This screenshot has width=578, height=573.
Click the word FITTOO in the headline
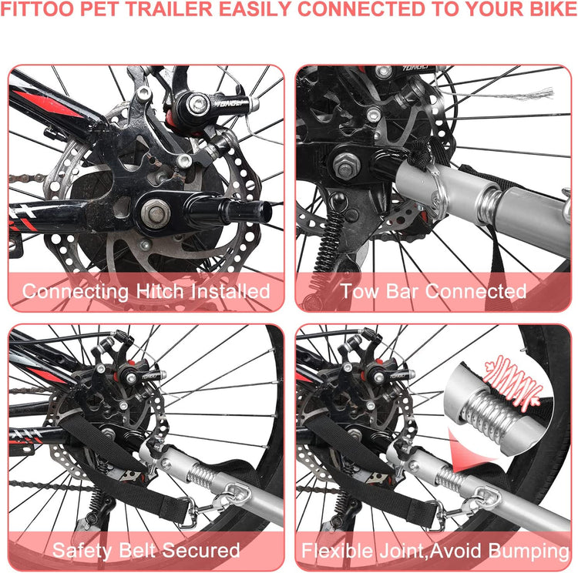(x=38, y=8)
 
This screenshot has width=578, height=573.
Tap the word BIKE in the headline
(x=553, y=8)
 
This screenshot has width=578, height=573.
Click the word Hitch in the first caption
(x=160, y=291)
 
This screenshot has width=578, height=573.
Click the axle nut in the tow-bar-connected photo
(x=345, y=166)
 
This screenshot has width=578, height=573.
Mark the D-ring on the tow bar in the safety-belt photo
(x=236, y=493)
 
